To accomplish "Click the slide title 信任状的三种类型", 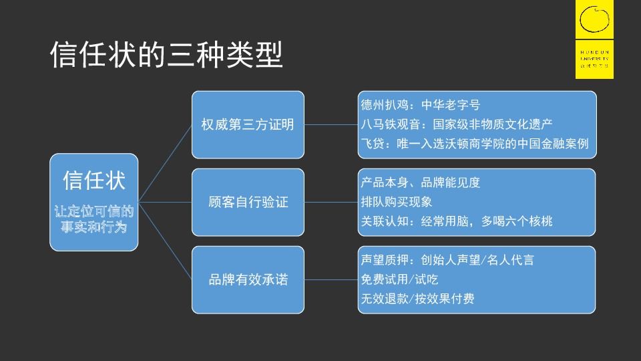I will click(x=166, y=55).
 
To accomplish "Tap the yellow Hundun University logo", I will click(x=594, y=40).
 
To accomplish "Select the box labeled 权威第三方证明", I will click(x=247, y=124).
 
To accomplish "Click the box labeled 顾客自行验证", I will click(x=247, y=202).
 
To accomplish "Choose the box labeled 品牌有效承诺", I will click(x=247, y=279).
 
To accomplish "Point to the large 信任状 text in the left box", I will click(x=94, y=180).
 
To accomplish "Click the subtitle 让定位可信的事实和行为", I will click(x=94, y=219).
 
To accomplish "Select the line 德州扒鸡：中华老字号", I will click(x=420, y=106).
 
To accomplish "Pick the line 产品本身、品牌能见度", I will click(x=420, y=183).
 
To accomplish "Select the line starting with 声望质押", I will click(x=447, y=261).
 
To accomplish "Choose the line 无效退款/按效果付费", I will click(x=417, y=299).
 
